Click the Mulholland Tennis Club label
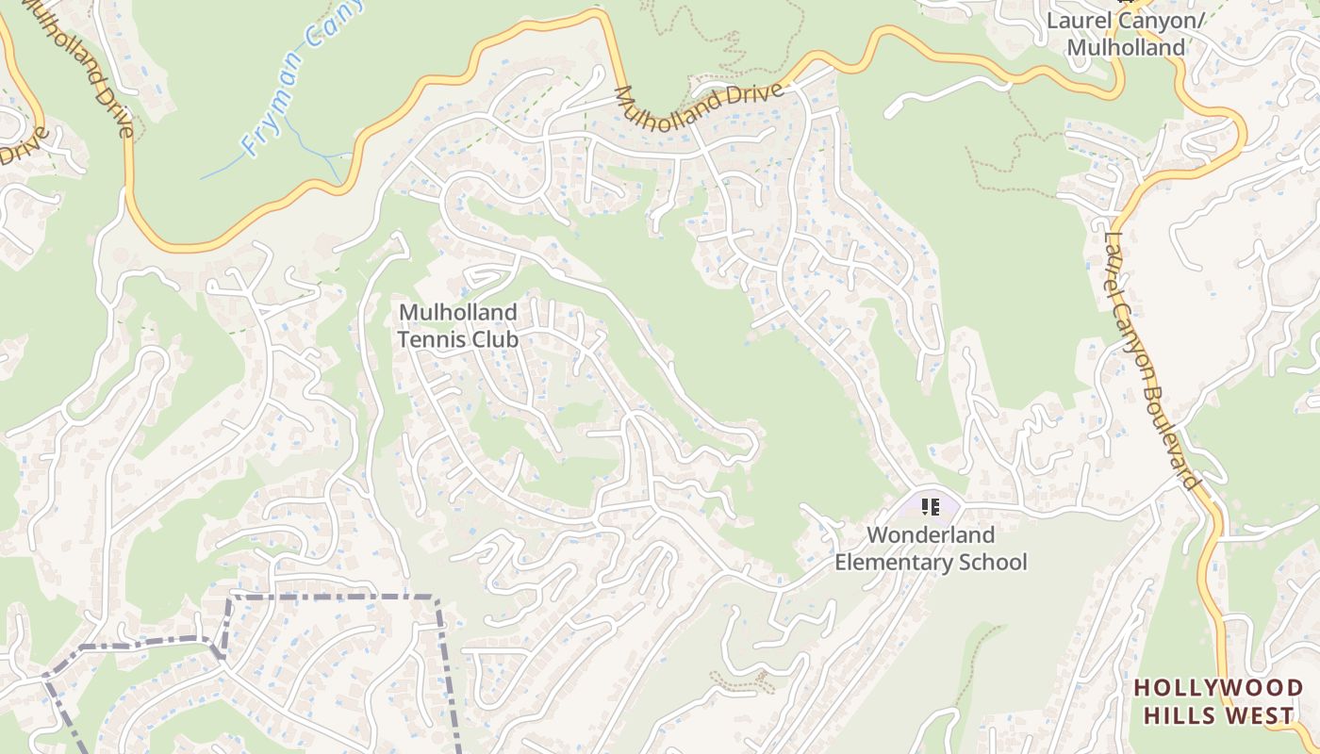pos(458,325)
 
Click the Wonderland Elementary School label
pos(931,549)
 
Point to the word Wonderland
pos(931,535)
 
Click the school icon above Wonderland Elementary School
pos(931,508)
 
